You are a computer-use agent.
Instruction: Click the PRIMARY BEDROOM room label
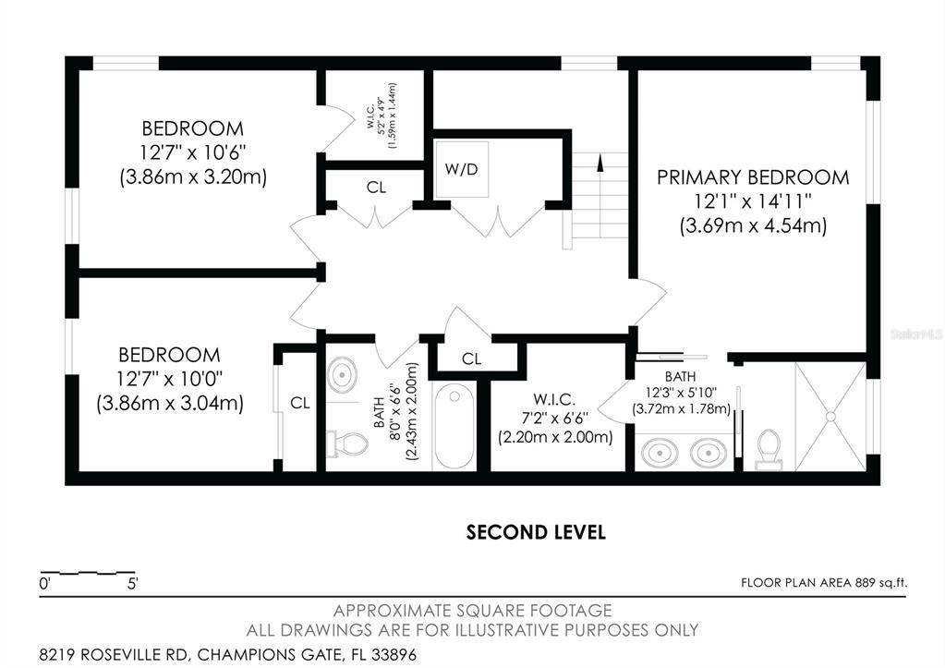753,177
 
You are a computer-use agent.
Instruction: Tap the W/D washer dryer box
462,169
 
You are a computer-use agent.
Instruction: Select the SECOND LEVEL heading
536,532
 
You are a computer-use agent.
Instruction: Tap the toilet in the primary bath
769,449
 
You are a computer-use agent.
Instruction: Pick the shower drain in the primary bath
830,416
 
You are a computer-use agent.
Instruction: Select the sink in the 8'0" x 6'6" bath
343,375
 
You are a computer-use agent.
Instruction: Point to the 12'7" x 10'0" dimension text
169,379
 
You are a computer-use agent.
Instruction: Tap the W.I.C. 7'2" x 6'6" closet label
554,418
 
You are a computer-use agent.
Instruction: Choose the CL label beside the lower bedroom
299,403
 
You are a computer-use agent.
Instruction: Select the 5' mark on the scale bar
133,584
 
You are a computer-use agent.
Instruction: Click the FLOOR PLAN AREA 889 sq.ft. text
823,582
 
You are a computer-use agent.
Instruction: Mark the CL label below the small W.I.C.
376,188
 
